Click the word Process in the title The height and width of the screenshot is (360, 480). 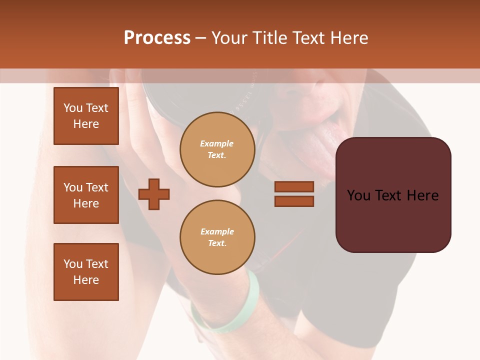pos(157,38)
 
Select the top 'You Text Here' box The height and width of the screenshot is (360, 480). pos(86,116)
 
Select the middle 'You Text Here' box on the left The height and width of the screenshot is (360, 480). pos(86,195)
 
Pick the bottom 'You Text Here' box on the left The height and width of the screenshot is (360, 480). pos(86,272)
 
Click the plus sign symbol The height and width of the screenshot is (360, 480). pos(154,193)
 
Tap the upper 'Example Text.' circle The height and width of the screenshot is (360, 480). pos(217,149)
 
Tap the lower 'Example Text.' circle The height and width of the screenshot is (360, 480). pos(217,237)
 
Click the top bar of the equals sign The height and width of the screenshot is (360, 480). pos(294,186)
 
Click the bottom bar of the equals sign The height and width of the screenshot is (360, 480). pos(294,201)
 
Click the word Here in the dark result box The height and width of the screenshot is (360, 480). pos(422,195)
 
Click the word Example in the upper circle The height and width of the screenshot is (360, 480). pos(217,143)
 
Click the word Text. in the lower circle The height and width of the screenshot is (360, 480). pos(217,243)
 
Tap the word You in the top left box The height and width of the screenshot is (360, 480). pos(73,108)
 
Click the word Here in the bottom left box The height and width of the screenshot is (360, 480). pos(86,280)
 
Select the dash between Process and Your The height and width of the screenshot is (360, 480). pos(200,38)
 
